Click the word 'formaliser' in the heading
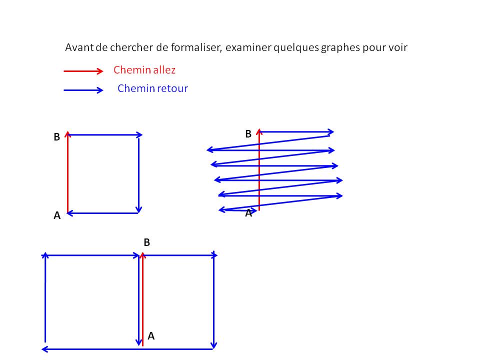click(196, 47)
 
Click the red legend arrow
click(83, 71)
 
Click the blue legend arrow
click(83, 90)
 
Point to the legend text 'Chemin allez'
click(144, 70)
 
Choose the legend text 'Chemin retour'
click(152, 88)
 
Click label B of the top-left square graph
click(56, 137)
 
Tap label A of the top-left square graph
click(57, 215)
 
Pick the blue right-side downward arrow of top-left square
click(138, 175)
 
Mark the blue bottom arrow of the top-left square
click(102, 213)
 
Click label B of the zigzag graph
click(248, 134)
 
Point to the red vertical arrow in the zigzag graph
click(259, 169)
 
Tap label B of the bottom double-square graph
click(146, 242)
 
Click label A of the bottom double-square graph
click(151, 336)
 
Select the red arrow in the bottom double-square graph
click(142, 299)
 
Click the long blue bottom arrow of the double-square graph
click(127, 349)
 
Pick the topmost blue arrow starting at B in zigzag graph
click(297, 132)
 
